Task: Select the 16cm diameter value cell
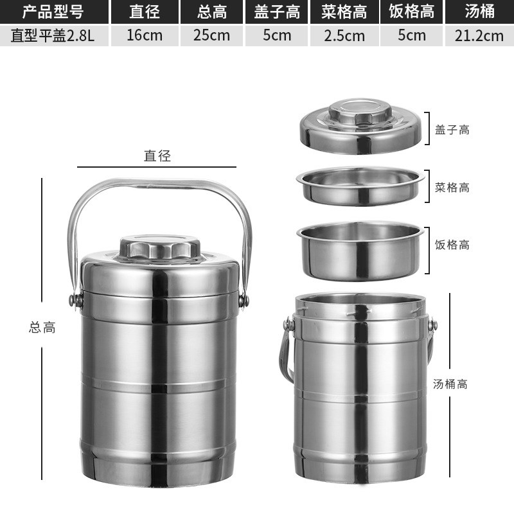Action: [144, 35]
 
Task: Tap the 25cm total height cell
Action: [211, 35]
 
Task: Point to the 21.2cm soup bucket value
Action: [479, 35]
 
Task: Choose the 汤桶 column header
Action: [479, 12]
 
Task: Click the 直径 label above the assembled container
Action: [157, 155]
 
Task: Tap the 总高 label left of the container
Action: [42, 327]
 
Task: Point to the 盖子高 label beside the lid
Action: [452, 130]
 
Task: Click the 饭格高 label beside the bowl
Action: [452, 245]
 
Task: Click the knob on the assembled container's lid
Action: [159, 247]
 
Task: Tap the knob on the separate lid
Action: [360, 114]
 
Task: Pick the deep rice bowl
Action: [360, 252]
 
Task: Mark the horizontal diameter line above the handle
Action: [157, 167]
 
